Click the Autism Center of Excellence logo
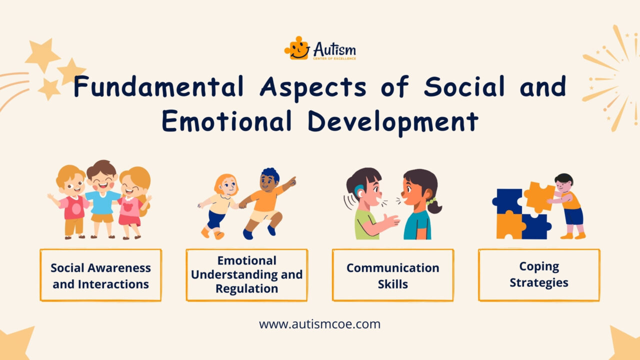point(320,49)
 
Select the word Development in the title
point(392,122)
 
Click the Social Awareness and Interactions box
point(100,275)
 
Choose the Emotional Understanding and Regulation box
point(246,275)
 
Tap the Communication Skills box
point(392,275)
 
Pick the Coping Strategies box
point(538,275)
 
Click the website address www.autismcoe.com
point(319,324)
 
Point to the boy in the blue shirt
point(102,197)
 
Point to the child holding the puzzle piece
point(568,205)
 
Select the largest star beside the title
point(42,55)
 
